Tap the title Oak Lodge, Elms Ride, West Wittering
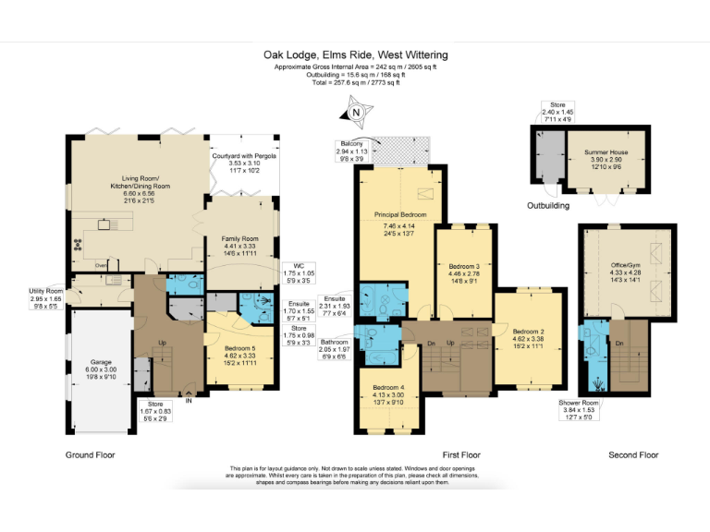(x=354, y=54)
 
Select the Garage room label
(x=101, y=363)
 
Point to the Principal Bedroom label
(x=399, y=214)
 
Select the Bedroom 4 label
(x=388, y=387)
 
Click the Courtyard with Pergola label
(x=245, y=155)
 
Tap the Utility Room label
(x=45, y=291)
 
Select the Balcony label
(x=350, y=144)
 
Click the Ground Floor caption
(x=91, y=454)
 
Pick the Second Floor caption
(x=633, y=454)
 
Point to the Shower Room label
(x=579, y=404)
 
